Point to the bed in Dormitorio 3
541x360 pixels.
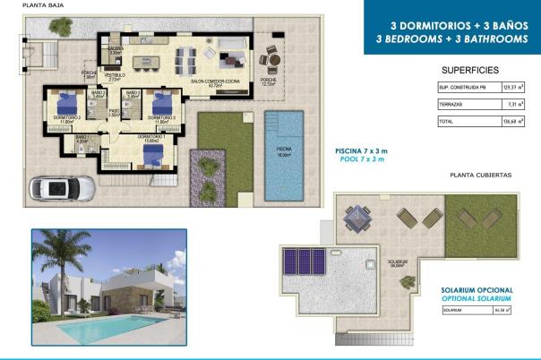point(162,100)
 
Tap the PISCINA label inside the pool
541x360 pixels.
point(284,150)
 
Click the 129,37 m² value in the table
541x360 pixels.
point(511,88)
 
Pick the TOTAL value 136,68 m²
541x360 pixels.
point(511,121)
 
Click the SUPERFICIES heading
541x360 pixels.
point(470,69)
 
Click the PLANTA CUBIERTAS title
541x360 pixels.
point(480,176)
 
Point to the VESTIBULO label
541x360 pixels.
point(115,77)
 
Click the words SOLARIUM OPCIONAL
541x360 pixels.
point(477,291)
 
